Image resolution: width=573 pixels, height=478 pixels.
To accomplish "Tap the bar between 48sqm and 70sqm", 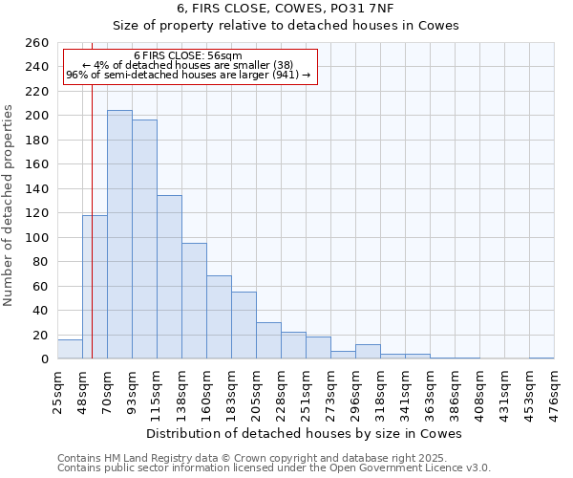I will [x=95, y=287].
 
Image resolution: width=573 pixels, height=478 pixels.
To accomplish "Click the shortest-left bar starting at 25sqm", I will [x=70, y=349].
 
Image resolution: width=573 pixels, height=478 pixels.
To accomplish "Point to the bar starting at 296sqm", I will [x=368, y=352].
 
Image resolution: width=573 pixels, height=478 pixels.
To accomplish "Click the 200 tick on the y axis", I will [x=38, y=116].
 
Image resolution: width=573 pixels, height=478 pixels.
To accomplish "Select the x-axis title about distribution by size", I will [x=306, y=433].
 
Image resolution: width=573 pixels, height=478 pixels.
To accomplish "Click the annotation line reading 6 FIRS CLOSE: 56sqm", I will [x=188, y=55].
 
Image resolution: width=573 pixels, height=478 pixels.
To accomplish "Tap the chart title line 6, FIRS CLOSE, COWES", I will [x=286, y=8].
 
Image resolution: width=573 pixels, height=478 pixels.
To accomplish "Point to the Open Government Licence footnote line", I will [x=274, y=468].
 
